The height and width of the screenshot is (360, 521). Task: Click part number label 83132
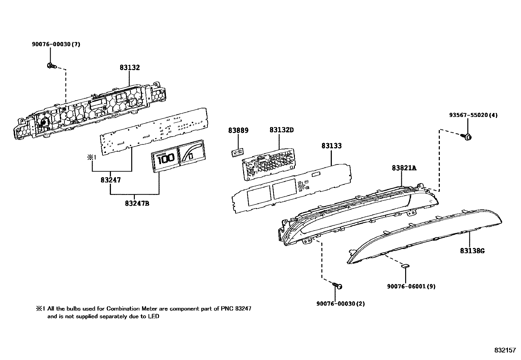(x=130, y=68)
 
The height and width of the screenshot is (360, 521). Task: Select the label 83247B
(x=137, y=203)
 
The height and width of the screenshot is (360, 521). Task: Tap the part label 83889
(x=238, y=131)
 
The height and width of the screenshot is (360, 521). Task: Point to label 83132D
(x=281, y=130)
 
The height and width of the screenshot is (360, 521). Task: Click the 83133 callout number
(x=331, y=146)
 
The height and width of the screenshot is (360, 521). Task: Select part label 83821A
(x=404, y=168)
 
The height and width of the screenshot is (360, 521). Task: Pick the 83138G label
(x=472, y=251)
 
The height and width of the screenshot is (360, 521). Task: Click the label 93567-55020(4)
(x=473, y=115)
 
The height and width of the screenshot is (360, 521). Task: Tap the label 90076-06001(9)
(x=411, y=286)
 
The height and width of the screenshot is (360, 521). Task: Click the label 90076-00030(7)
(x=56, y=45)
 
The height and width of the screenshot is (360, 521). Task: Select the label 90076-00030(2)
(x=340, y=304)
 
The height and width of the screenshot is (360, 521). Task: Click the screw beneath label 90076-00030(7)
(x=51, y=66)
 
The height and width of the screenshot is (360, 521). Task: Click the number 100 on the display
(x=166, y=160)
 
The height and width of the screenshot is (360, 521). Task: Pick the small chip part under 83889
(x=238, y=152)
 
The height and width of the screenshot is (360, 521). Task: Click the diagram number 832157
(x=505, y=350)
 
